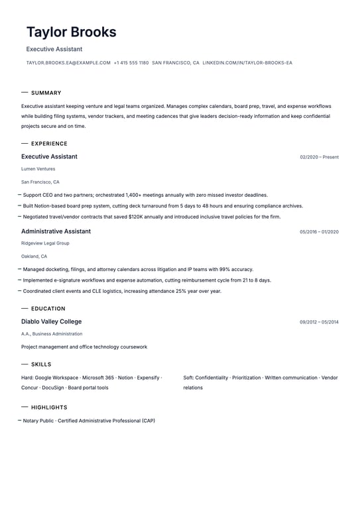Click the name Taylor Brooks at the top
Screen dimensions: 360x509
pyautogui.click(x=71, y=32)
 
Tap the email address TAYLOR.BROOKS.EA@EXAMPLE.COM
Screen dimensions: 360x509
pyautogui.click(x=68, y=63)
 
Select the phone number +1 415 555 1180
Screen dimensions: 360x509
pyautogui.click(x=131, y=63)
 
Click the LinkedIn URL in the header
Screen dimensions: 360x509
pyautogui.click(x=247, y=63)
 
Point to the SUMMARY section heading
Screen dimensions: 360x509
pyautogui.click(x=46, y=93)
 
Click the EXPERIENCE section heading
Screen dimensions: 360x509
pyautogui.click(x=49, y=144)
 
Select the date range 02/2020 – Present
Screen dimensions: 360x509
pyautogui.click(x=319, y=158)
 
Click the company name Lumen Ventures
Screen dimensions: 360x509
pyautogui.click(x=38, y=169)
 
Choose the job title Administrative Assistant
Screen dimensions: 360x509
pyautogui.click(x=56, y=231)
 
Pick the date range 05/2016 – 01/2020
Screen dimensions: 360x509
pyautogui.click(x=319, y=232)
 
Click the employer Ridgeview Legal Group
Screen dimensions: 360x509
pyautogui.click(x=45, y=243)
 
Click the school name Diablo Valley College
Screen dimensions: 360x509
pyautogui.click(x=51, y=321)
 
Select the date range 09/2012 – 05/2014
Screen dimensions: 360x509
pyautogui.click(x=319, y=322)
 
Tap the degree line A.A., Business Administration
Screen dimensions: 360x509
pyautogui.click(x=52, y=334)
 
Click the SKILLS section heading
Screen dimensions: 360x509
pyautogui.click(x=41, y=365)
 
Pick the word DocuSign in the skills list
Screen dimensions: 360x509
pyautogui.click(x=52, y=388)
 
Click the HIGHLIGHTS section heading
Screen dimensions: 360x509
pyautogui.click(x=49, y=408)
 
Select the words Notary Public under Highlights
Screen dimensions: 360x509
pyautogui.click(x=38, y=421)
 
